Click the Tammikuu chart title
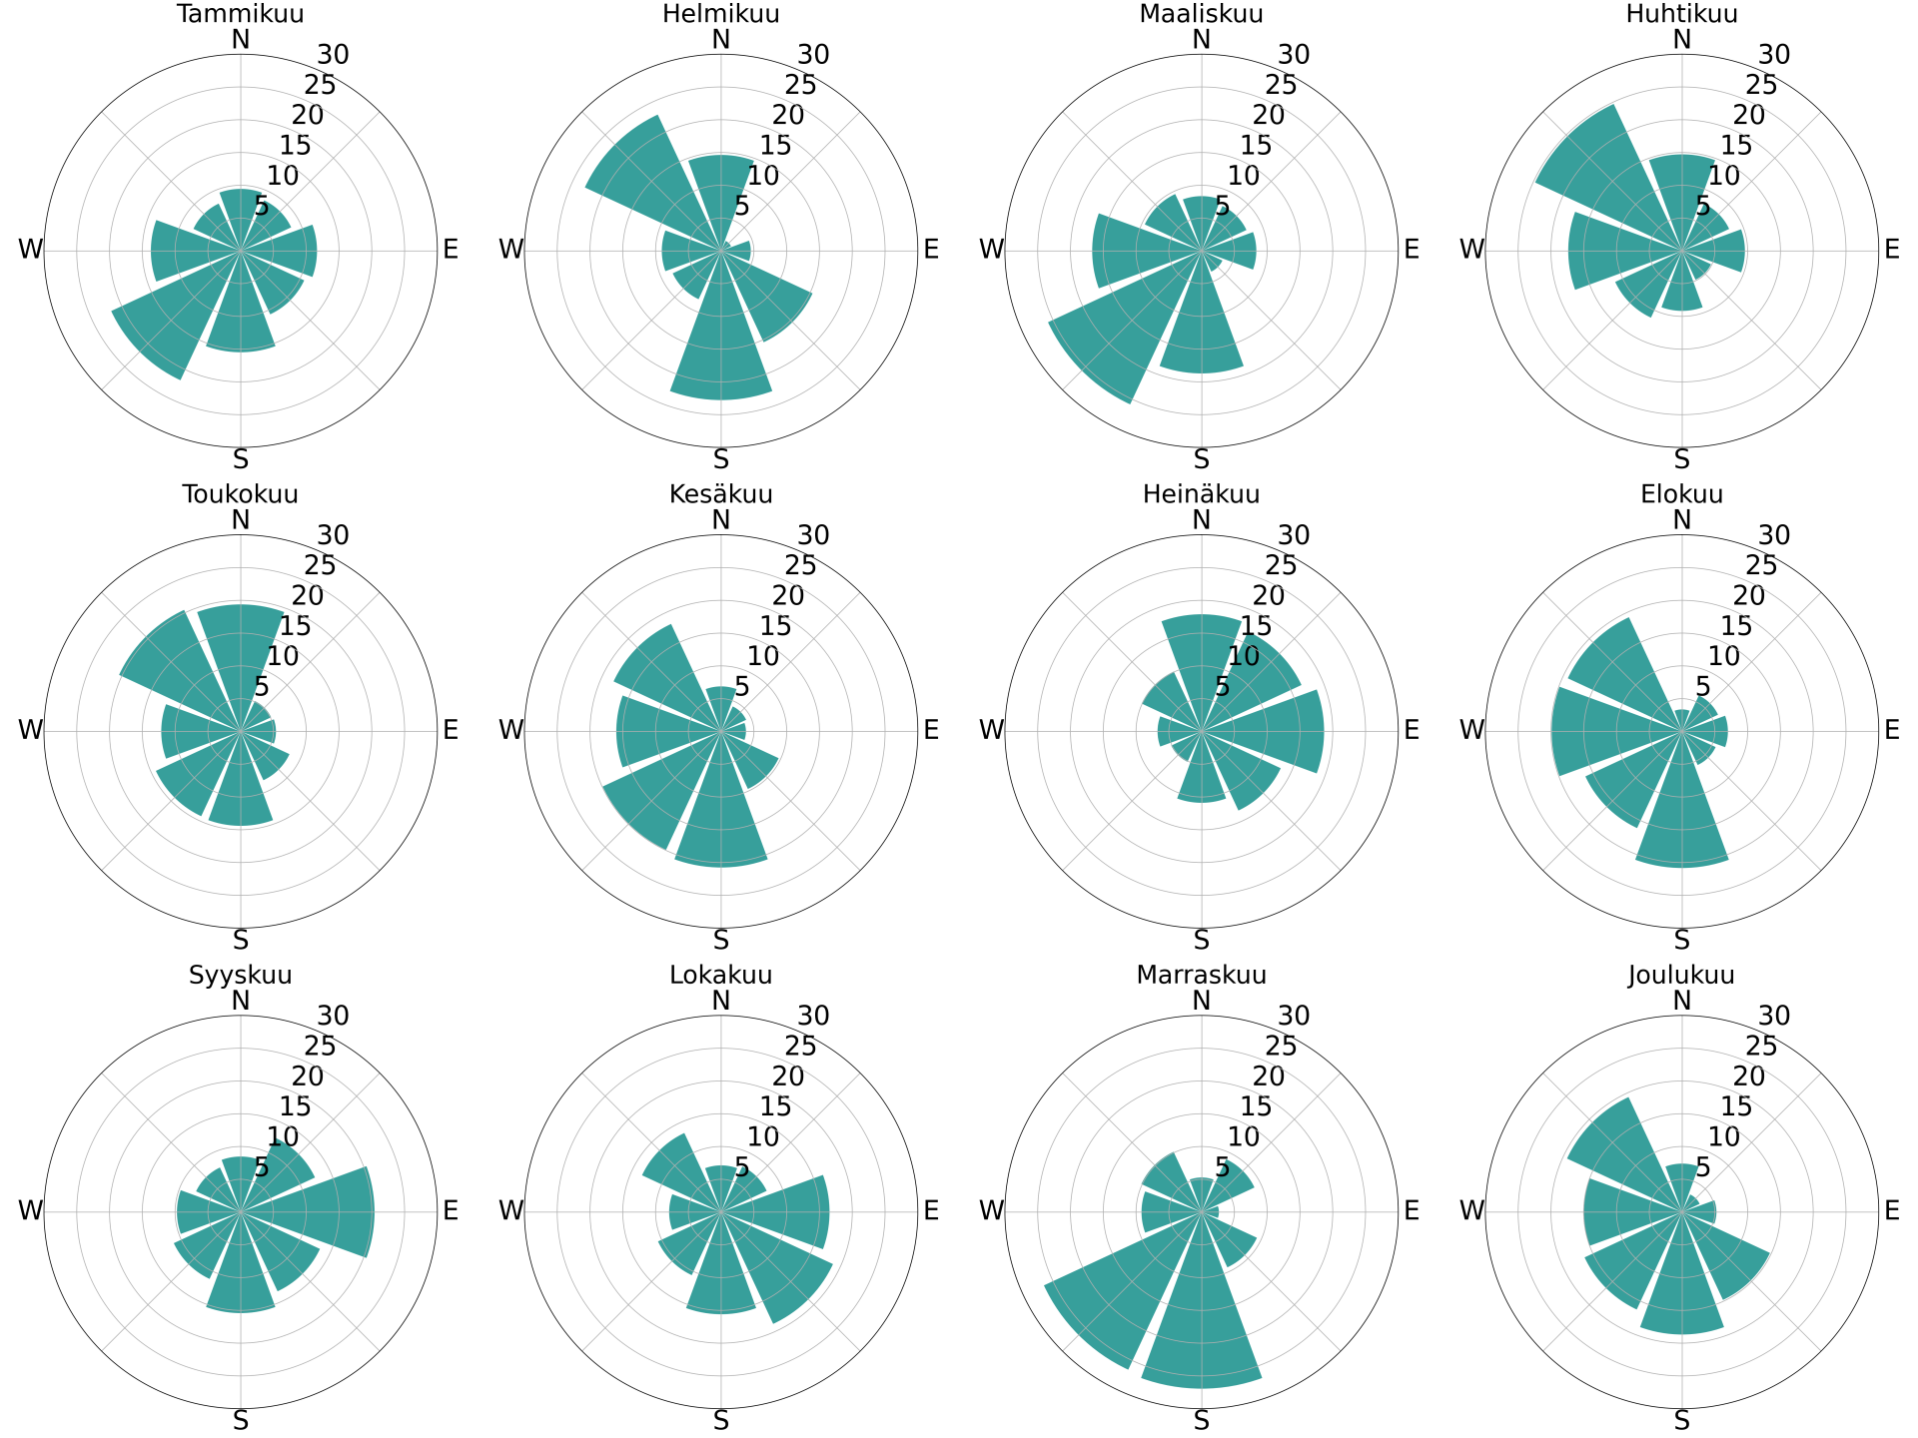pyautogui.click(x=240, y=14)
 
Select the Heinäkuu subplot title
pyautogui.click(x=1201, y=494)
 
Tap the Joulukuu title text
pyautogui.click(x=1681, y=975)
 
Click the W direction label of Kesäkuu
pyautogui.click(x=510, y=730)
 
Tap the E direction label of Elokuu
pyautogui.click(x=1891, y=730)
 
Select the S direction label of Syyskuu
pyautogui.click(x=240, y=1420)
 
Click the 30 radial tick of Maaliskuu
pyautogui.click(x=1294, y=54)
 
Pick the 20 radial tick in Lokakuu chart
pyautogui.click(x=788, y=1076)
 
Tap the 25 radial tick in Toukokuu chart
pyautogui.click(x=321, y=565)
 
